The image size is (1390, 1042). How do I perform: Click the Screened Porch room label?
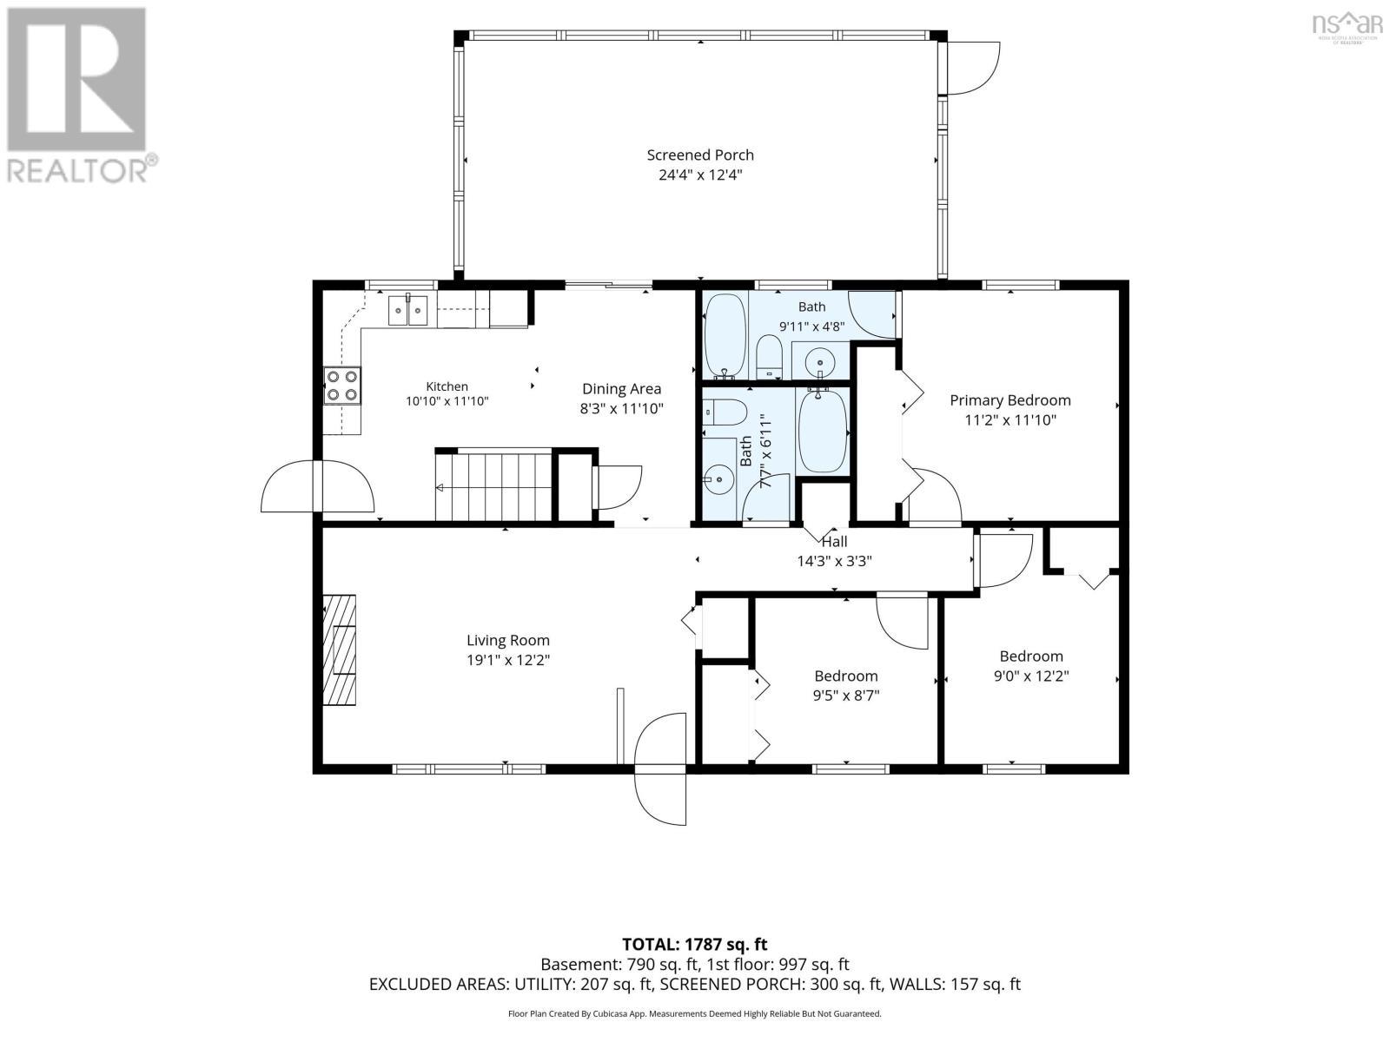[x=699, y=155]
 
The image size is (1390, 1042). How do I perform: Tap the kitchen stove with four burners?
[x=342, y=386]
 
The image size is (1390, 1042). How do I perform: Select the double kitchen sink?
[x=407, y=310]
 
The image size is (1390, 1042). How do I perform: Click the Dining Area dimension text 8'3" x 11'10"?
[x=621, y=409]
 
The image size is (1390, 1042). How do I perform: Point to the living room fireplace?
[x=340, y=650]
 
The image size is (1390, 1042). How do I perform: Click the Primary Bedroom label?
[x=1010, y=399]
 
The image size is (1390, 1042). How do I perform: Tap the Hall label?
[x=834, y=542]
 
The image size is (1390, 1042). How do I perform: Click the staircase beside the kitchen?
[x=494, y=485]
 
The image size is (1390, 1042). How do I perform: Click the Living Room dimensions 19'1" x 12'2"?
[x=508, y=661]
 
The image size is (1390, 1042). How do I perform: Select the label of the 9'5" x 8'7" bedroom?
[x=846, y=676]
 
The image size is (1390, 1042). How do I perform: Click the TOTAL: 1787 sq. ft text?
[x=695, y=944]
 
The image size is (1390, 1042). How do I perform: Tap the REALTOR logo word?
[x=78, y=170]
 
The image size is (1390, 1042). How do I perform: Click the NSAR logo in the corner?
[x=1347, y=24]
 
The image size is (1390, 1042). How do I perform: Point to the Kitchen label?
[x=447, y=386]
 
